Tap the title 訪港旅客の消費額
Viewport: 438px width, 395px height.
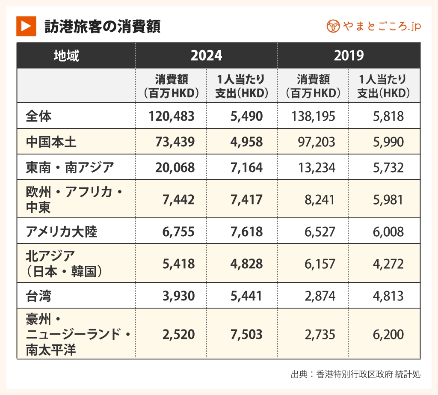pyautogui.click(x=102, y=27)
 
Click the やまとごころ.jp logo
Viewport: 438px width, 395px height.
pyautogui.click(x=373, y=27)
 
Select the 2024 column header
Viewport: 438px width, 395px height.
pyautogui.click(x=206, y=56)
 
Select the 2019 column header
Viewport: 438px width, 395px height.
pyautogui.click(x=349, y=56)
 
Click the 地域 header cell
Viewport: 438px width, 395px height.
pyautogui.click(x=67, y=56)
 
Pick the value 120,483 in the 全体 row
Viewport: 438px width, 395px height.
pyautogui.click(x=172, y=116)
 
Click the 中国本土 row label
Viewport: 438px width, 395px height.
pyautogui.click(x=51, y=142)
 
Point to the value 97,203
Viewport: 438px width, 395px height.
pyautogui.click(x=317, y=142)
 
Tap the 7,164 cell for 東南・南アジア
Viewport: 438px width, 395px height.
pyautogui.click(x=246, y=167)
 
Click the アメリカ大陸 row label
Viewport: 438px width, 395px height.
pyautogui.click(x=62, y=232)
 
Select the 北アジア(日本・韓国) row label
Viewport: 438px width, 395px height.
pyautogui.click(x=64, y=263)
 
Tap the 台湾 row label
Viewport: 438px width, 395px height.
pyautogui.click(x=38, y=295)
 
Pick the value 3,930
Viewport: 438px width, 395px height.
pyautogui.click(x=178, y=295)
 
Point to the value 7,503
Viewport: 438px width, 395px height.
pyautogui.click(x=246, y=335)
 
